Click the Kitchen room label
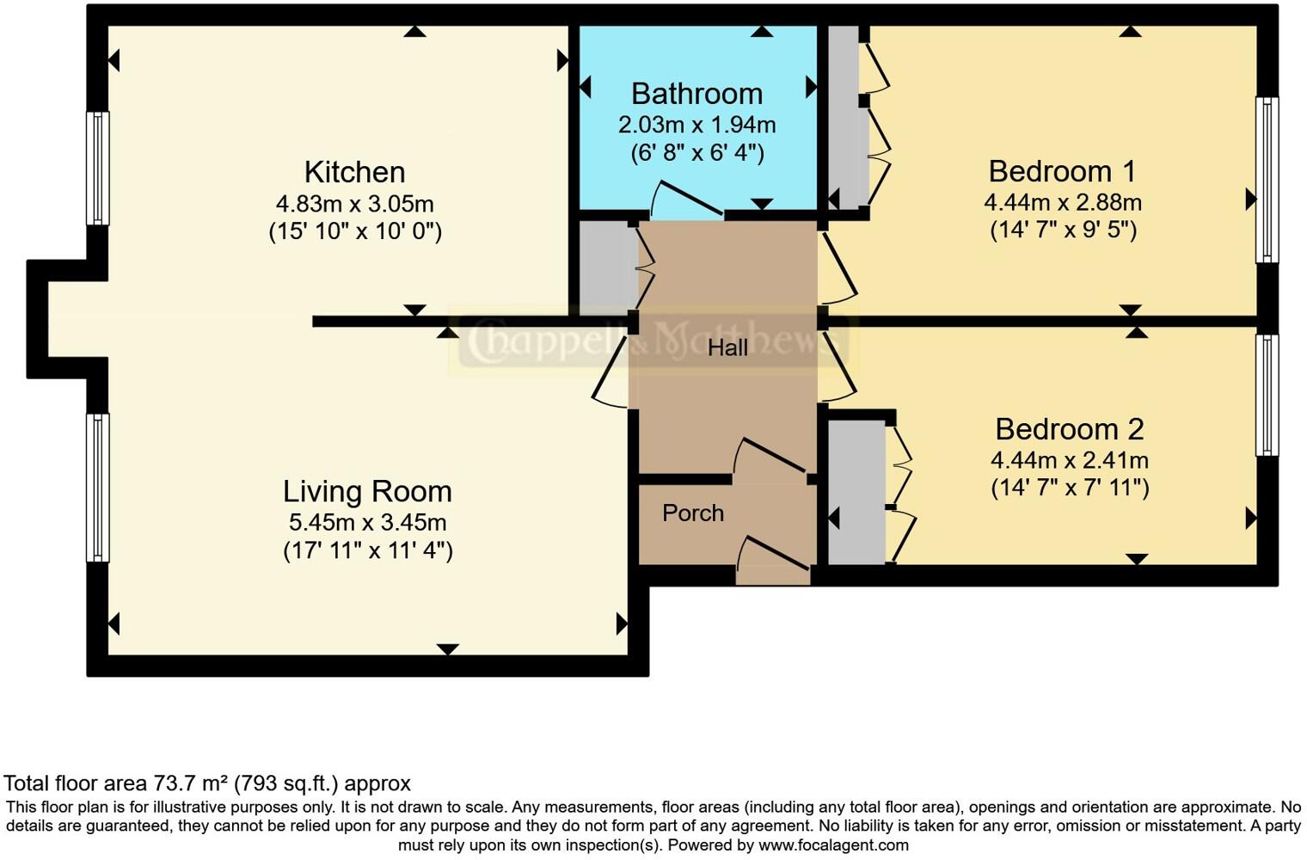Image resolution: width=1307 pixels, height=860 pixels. tap(354, 172)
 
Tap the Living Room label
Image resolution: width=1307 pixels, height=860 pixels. tap(367, 491)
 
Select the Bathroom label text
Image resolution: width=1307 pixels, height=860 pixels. tap(696, 94)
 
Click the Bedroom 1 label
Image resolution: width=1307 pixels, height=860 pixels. tap(1062, 171)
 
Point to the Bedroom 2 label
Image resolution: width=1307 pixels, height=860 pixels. tap(1069, 428)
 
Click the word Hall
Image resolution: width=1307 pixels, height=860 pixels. tap(727, 347)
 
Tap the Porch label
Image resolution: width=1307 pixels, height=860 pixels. tap(693, 513)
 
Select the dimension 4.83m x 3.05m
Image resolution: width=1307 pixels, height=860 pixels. tap(354, 204)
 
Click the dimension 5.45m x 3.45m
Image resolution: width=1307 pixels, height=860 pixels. tap(367, 522)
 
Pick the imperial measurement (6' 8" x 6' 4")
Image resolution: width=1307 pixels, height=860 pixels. tap(696, 153)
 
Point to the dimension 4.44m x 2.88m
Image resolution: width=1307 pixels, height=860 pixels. tap(1062, 203)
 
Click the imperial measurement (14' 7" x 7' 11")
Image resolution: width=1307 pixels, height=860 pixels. tap(1069, 488)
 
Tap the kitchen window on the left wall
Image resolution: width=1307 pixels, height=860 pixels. tap(99, 169)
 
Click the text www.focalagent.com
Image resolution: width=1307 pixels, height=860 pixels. tap(833, 845)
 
